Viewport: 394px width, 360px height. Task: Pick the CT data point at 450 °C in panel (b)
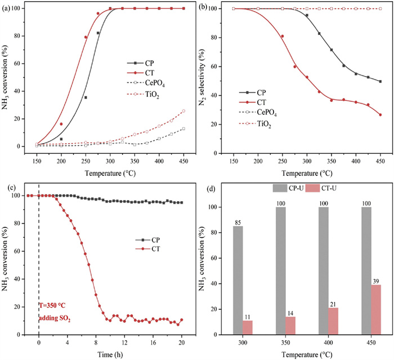coord(380,115)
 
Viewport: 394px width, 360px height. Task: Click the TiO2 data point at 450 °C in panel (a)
coord(183,111)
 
